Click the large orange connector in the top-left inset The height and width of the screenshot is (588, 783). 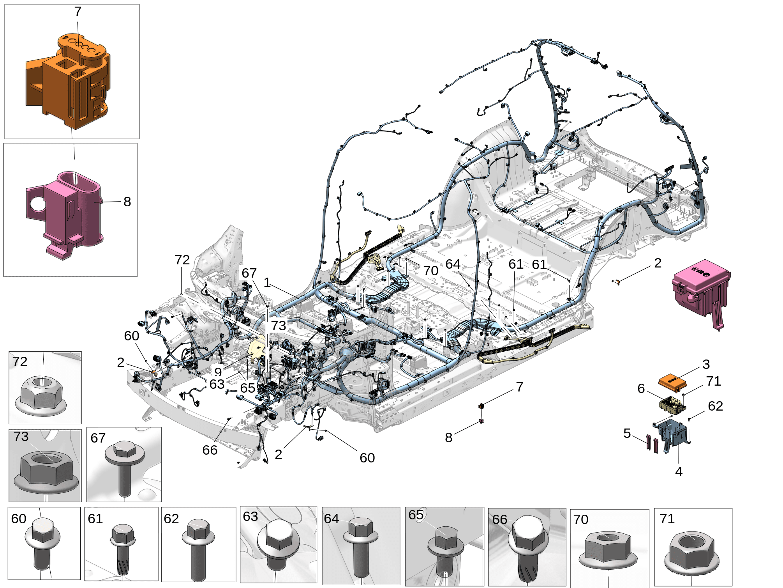pyautogui.click(x=68, y=82)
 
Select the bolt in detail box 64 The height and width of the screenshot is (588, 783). pyautogui.click(x=360, y=546)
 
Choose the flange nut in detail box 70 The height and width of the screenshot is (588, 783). pyautogui.click(x=608, y=550)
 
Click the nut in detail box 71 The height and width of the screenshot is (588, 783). pyautogui.click(x=691, y=552)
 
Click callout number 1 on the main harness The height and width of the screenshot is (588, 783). pyautogui.click(x=267, y=283)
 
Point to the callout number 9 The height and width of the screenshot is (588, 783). pyautogui.click(x=218, y=372)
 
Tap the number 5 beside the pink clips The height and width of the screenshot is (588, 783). pyautogui.click(x=627, y=433)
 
